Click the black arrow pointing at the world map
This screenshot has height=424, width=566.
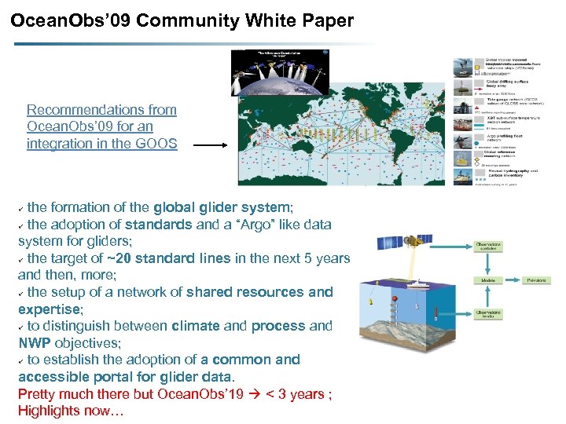[x=210, y=145]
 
